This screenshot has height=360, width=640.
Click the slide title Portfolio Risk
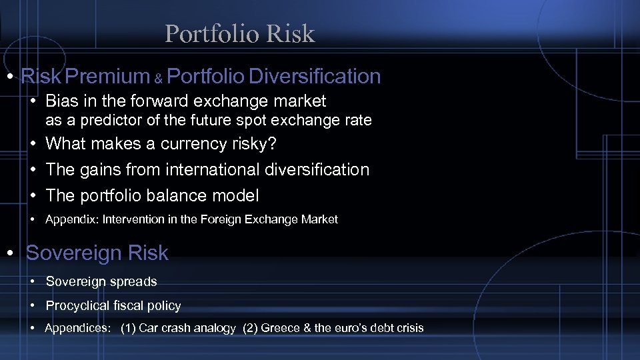coord(239,33)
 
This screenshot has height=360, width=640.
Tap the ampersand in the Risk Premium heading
coord(159,79)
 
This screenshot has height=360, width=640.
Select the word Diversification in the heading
coord(315,77)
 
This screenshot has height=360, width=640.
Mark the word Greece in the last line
coord(281,328)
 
